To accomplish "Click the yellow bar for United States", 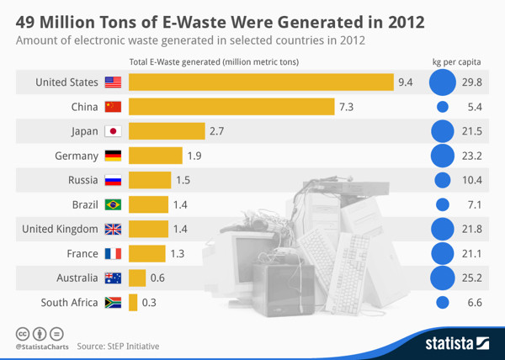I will tap(261, 82).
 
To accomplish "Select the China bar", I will tap(231, 107).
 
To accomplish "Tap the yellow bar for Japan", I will tap(167, 131).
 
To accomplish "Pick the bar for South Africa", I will tap(133, 302).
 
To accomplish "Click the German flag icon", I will tap(113, 156).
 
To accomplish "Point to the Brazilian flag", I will tap(113, 204).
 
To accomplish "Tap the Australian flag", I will tap(113, 278).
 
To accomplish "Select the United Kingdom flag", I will tap(113, 229).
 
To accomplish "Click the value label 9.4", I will tap(406, 82).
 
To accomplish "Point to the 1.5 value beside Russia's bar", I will tap(183, 180).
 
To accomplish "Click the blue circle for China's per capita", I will tap(443, 107).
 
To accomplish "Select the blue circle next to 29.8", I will tap(442, 82).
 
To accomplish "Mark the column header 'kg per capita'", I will tap(454, 61).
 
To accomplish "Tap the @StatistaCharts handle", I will tap(42, 346).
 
